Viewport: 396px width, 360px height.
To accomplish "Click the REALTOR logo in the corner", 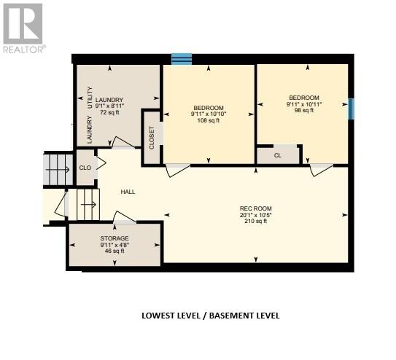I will coord(23,27).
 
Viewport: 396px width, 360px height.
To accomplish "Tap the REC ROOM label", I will coord(255,208).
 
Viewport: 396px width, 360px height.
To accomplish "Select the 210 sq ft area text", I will coord(255,221).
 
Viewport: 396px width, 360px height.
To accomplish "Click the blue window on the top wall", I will coord(182,58).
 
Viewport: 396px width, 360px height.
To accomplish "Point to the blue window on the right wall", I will coord(352,109).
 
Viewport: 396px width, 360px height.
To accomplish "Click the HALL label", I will coord(128,192).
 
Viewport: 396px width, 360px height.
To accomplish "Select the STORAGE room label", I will coord(114,238).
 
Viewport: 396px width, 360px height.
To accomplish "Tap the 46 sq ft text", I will coord(114,251).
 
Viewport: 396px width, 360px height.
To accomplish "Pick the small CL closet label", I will coord(278,155).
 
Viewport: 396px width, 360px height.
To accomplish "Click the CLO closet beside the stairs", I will coord(85,167).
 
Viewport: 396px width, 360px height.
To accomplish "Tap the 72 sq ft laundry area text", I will coord(108,114).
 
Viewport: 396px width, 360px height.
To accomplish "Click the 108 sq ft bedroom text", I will coord(209,120).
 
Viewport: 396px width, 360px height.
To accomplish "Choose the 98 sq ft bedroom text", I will coord(303,110).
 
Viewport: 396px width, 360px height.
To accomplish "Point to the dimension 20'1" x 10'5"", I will coord(255,215).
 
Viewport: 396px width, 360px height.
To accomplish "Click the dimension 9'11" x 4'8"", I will coord(114,245).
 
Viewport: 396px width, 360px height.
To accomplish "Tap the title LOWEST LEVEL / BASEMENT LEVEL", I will coord(210,316).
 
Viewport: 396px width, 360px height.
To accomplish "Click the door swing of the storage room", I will coord(124,217).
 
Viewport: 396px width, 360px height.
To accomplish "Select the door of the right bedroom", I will coord(321,170).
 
